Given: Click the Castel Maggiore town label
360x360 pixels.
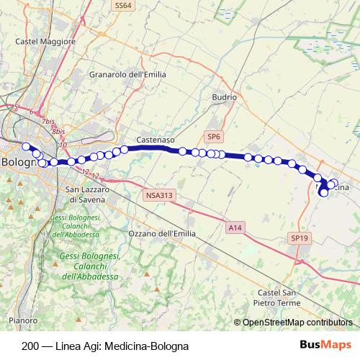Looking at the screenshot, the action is coord(45,42).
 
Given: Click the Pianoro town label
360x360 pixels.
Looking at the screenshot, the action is coord(23,320).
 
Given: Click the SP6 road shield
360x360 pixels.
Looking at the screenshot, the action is coord(214,136).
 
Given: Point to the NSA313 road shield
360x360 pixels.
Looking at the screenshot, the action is coord(158,194).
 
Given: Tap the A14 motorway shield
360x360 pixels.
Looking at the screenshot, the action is coord(235,228).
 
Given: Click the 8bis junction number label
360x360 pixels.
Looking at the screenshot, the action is coord(58,132).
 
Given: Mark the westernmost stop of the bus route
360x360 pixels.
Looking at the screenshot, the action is coord(26,147).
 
